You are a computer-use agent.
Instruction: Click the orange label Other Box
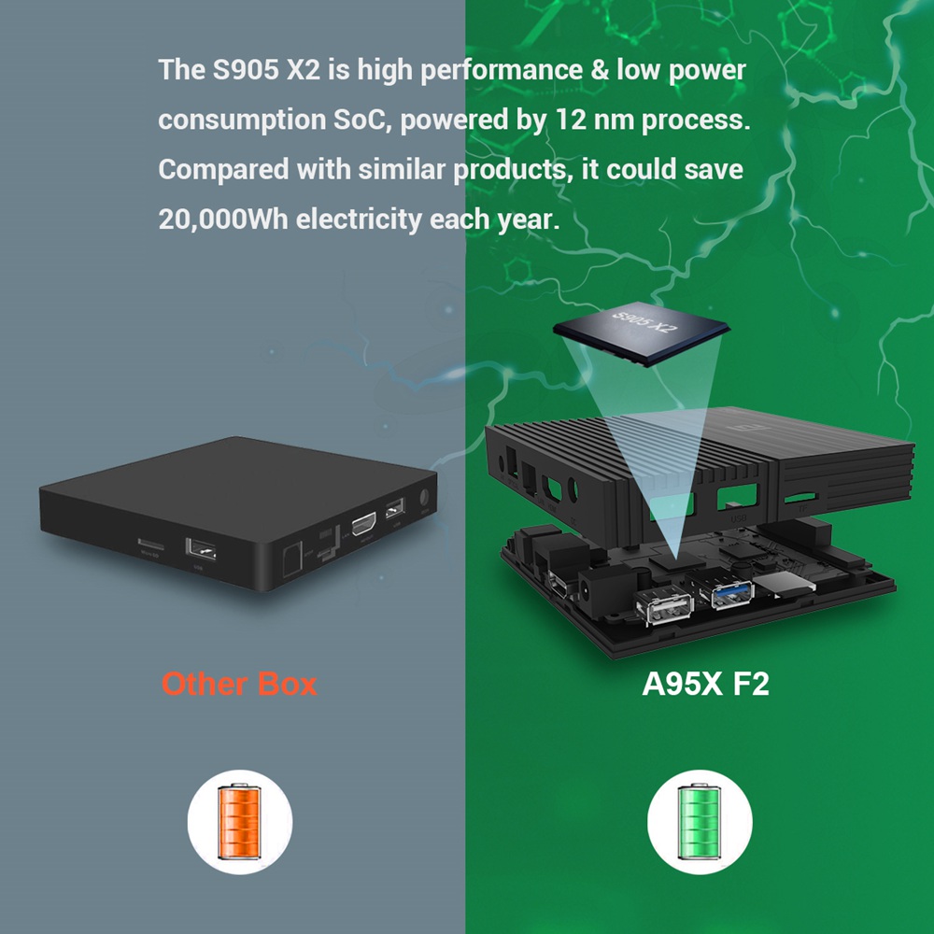click(x=239, y=684)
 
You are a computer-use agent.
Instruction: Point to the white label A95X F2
click(x=705, y=684)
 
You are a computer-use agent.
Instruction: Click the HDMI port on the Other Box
click(x=362, y=524)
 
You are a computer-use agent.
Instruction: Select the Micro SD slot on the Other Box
click(x=149, y=544)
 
